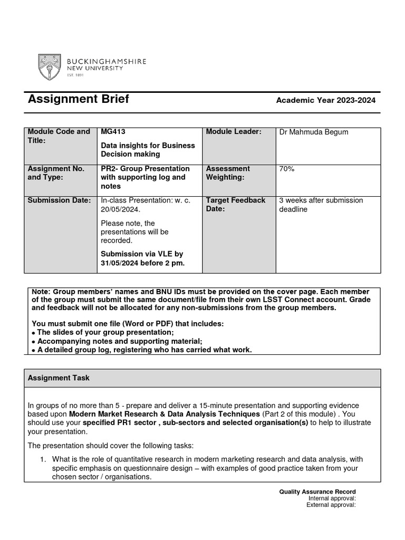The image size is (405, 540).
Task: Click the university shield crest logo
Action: (x=49, y=67)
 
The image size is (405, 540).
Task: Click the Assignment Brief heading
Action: (x=78, y=99)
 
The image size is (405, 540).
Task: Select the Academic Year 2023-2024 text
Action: (x=326, y=101)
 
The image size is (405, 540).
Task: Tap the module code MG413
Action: (x=113, y=132)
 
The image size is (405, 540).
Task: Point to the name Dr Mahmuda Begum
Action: (x=313, y=132)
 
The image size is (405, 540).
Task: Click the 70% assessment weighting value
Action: (x=287, y=169)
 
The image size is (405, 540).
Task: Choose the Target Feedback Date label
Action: (x=235, y=205)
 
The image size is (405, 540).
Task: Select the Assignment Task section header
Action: (x=59, y=378)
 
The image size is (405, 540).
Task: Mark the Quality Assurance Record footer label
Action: (x=317, y=492)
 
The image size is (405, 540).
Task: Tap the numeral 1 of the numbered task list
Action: (x=44, y=459)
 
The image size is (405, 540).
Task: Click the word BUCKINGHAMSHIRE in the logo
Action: (x=106, y=62)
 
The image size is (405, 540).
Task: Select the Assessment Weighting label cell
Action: (x=228, y=173)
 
